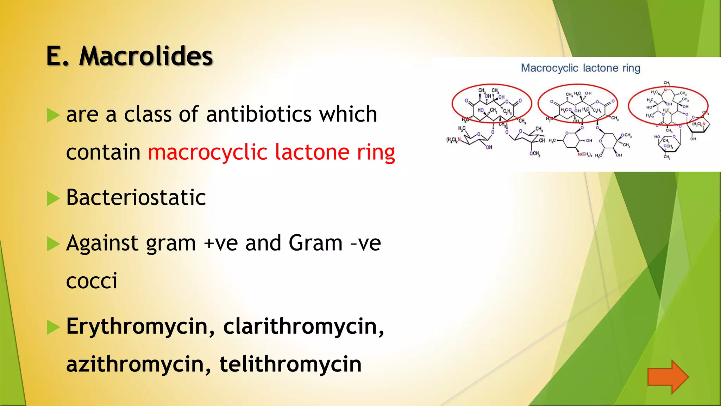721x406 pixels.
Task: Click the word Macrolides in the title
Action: point(146,56)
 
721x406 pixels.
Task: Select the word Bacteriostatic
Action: point(136,197)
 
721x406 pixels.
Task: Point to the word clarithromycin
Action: point(303,327)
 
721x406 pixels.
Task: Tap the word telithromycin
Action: point(290,364)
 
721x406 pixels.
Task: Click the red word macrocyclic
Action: point(208,153)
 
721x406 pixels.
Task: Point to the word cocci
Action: point(92,281)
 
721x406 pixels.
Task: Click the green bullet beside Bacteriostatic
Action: point(53,199)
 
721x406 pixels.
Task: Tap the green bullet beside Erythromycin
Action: point(53,327)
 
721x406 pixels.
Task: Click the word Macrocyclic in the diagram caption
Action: point(549,68)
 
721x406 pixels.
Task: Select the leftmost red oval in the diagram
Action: point(491,104)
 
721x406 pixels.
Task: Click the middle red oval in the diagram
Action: point(578,104)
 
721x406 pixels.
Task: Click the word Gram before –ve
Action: point(315,243)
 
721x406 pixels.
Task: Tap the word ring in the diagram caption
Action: point(631,68)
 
